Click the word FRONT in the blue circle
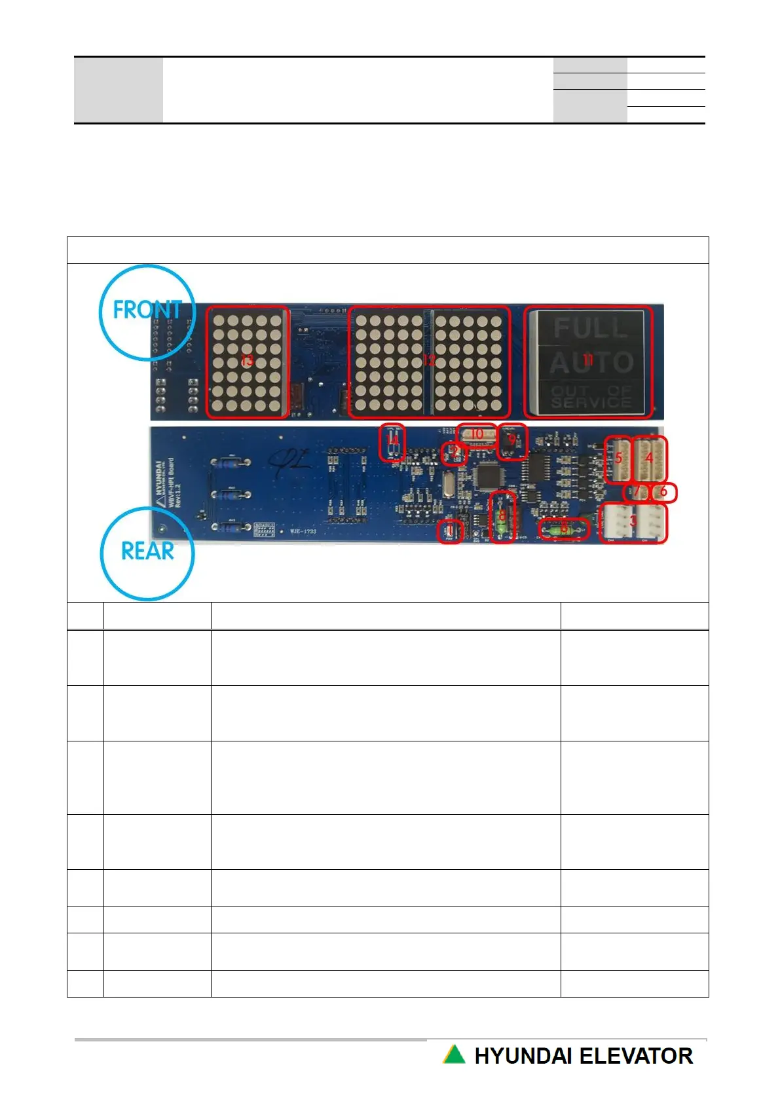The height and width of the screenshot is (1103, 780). coord(147,309)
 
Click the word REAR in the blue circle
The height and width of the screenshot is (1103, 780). coord(148,551)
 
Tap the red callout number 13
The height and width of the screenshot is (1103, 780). coord(247,360)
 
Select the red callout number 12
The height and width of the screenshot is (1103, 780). coord(429,360)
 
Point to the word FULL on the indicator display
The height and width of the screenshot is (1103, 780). coord(590,328)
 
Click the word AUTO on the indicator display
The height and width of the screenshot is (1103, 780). coord(591,362)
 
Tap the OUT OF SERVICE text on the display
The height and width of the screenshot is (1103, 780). coord(591,397)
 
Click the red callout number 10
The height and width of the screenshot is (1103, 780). coord(477,434)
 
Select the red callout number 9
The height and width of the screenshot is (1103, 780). coord(512,439)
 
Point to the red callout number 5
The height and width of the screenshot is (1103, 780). coord(619,458)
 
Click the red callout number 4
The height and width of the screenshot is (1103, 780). coord(650,457)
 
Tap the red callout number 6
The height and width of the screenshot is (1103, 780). coord(663,491)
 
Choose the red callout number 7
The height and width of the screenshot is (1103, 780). coord(636,491)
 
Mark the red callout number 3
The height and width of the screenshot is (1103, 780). coord(633,521)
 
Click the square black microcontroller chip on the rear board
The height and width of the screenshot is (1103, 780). coord(489,476)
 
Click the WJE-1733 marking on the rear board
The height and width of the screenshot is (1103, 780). coord(303,531)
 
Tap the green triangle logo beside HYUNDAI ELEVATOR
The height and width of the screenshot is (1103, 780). coord(454,1055)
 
